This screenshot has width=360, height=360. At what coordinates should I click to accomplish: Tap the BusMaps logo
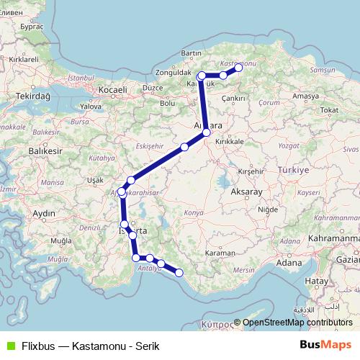329,346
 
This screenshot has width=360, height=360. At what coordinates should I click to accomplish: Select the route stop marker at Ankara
207,132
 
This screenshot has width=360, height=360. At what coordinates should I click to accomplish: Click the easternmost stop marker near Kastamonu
238,68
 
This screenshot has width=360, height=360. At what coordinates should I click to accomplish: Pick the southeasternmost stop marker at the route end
179,271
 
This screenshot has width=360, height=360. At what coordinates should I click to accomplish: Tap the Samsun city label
317,69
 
